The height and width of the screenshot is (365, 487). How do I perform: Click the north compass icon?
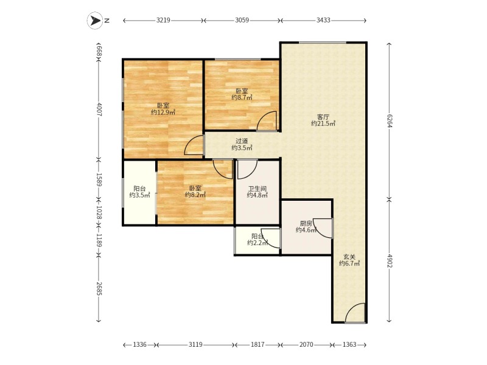(94, 20)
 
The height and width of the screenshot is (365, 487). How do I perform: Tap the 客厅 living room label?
(323, 116)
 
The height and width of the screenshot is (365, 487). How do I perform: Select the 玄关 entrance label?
(349, 257)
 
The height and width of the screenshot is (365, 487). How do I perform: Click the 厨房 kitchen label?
(306, 223)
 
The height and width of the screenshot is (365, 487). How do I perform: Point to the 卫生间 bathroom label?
(258, 189)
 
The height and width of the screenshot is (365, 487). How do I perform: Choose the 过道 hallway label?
(242, 141)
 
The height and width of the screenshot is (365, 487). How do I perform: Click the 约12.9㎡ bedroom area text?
(163, 112)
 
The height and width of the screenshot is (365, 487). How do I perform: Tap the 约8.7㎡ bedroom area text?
(242, 97)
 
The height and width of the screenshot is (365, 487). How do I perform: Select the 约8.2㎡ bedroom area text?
(195, 195)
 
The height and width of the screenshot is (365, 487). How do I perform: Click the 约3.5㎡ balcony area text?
(139, 195)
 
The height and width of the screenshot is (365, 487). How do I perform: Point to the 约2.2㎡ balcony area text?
(258, 243)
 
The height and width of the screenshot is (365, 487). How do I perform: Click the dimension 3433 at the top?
(323, 20)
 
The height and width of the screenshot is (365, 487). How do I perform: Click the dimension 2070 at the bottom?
(306, 344)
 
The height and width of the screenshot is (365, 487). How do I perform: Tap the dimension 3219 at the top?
(163, 20)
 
